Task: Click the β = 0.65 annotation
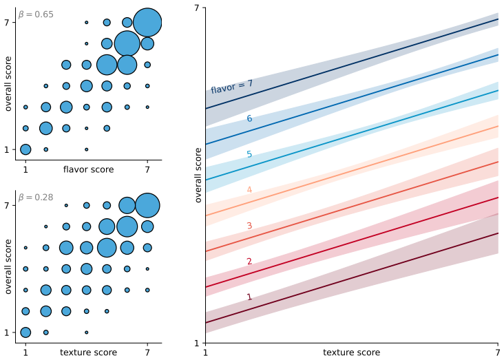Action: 36,14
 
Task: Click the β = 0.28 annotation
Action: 36,197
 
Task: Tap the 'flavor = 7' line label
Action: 232,87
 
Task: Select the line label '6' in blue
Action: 249,118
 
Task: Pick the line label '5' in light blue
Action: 249,154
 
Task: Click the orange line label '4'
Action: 249,190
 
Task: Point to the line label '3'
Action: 249,225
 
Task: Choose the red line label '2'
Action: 249,261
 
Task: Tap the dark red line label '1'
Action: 249,297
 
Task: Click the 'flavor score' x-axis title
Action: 88,169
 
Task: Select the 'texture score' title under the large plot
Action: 352,352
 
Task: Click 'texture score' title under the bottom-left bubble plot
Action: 88,352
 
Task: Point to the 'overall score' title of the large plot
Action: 198,175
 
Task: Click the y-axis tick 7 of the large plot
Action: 197,8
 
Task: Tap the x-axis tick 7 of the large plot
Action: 498,352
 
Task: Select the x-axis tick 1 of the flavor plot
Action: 25,169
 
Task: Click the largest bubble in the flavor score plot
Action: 147,23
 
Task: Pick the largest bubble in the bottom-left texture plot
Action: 147,205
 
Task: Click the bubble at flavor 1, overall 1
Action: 25,149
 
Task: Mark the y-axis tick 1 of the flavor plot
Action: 7,150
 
